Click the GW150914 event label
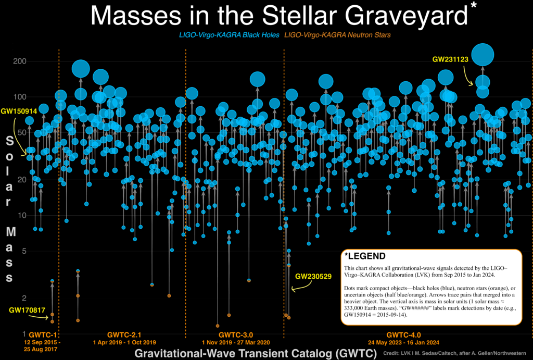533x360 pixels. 19,111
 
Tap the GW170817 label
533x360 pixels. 27,310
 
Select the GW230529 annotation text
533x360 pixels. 313,276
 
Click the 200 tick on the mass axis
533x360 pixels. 20,61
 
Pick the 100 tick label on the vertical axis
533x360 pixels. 20,97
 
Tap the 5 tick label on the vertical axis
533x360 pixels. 24,251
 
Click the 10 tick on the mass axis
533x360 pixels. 22,215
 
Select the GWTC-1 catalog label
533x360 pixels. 43,335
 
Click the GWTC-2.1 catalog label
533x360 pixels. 124,335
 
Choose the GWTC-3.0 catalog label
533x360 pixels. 236,335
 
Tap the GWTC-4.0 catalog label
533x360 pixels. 403,335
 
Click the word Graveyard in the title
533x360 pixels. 406,16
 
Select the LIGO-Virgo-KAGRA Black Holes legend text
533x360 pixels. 230,35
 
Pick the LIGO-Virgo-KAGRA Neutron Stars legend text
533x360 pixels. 337,35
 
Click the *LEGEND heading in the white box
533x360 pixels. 365,256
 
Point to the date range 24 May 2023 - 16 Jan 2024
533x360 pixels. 403,343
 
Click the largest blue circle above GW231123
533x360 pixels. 483,55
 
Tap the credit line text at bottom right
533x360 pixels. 454,353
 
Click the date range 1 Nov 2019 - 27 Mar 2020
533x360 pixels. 236,343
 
